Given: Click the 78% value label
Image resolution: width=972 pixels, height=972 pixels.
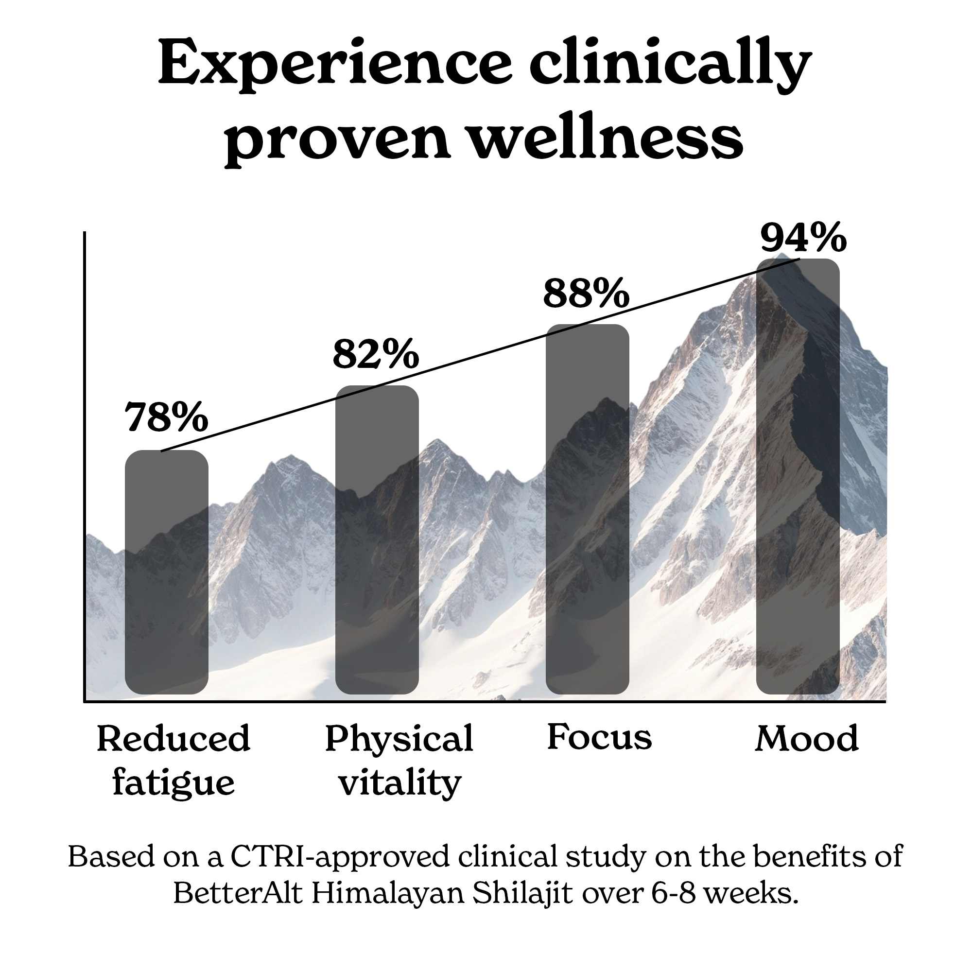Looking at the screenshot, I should click(166, 417).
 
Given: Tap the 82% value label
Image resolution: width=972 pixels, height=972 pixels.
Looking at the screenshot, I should click(375, 354).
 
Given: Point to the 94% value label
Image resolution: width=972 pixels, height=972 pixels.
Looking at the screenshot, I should click(803, 238).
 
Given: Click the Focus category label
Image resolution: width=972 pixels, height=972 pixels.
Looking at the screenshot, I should click(599, 738).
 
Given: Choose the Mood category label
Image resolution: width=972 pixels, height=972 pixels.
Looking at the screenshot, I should click(806, 739).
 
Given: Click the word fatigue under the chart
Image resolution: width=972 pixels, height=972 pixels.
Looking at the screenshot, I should click(174, 784).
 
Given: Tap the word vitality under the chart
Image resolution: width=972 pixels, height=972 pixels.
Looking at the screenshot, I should click(399, 784).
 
